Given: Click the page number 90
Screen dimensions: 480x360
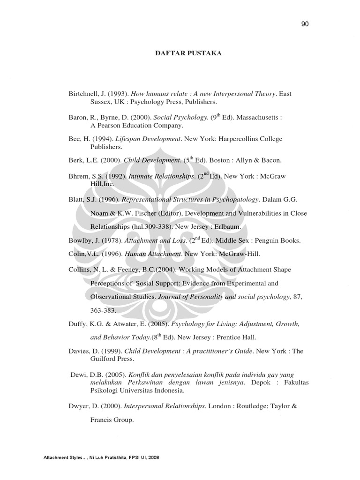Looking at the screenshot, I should point(306,24).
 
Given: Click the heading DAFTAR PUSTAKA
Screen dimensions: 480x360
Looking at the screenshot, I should point(188,53).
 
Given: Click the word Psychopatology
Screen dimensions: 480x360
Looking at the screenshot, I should point(232,199).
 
